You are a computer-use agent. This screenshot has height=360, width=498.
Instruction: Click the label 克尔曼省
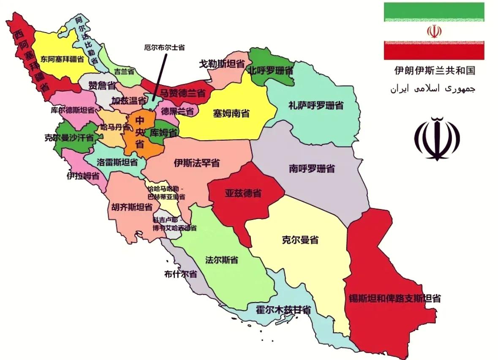300,240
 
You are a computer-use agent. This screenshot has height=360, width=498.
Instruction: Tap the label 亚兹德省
243,194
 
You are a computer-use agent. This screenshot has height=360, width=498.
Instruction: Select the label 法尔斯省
221,260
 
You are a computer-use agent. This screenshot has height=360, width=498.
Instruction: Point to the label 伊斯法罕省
196,163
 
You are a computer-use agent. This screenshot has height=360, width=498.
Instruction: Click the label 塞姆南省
231,113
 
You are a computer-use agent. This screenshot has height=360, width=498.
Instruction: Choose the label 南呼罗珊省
312,169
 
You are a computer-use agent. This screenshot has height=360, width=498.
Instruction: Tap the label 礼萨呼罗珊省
316,105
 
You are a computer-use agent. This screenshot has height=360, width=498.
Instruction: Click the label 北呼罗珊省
270,70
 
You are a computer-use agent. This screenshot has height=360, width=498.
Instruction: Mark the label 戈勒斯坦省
222,64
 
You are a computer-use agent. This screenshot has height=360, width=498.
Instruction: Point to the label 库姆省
163,132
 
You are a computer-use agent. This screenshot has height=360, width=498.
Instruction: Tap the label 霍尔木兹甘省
283,310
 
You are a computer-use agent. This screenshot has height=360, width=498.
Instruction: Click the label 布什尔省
181,274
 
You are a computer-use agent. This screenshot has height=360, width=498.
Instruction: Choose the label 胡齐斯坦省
132,207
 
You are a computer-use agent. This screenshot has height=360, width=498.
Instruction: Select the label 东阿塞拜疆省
62,60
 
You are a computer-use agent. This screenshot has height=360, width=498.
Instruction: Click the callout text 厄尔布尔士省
164,48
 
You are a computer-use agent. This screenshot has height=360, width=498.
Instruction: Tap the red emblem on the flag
434,31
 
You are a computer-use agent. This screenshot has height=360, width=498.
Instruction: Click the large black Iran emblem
437,139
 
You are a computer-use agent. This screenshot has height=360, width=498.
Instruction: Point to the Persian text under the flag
433,89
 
